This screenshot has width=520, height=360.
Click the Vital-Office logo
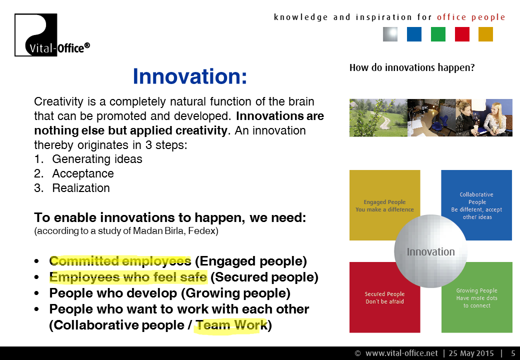click(x=52, y=35)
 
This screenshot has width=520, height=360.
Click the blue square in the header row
click(x=414, y=34)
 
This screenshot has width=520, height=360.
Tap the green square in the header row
click(x=438, y=34)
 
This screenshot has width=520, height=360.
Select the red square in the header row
click(x=462, y=34)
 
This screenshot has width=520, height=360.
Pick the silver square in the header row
click(x=390, y=34)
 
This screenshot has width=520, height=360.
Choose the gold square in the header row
click(x=485, y=34)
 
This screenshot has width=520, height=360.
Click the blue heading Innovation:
click(x=189, y=76)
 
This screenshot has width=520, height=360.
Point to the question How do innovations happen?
click(x=412, y=67)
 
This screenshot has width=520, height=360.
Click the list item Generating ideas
click(x=97, y=159)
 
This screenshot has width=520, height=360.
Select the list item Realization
click(x=81, y=188)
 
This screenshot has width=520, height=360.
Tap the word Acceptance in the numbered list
click(x=83, y=173)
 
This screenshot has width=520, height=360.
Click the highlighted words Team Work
click(x=231, y=325)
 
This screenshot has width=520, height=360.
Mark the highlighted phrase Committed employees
click(x=120, y=261)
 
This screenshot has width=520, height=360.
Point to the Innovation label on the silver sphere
click(x=431, y=252)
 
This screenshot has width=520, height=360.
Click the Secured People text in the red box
click(x=384, y=293)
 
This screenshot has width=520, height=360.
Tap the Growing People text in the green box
click(x=476, y=290)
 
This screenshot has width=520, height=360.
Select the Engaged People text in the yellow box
click(x=384, y=202)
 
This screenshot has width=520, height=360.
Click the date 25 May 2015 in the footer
click(x=471, y=353)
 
